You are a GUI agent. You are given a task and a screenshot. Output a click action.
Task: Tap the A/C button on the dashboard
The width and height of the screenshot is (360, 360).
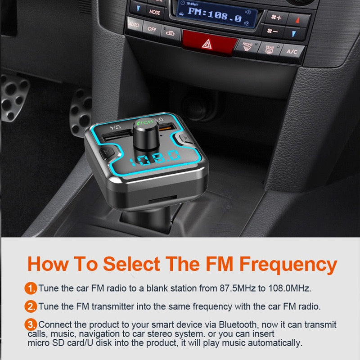[292, 52]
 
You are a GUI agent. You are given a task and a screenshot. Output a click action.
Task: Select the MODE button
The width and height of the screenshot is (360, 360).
[154, 12]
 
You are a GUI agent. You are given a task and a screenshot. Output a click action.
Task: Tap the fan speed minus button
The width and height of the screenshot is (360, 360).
[273, 31]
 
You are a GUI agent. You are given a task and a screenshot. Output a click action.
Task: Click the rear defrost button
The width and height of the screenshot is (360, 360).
[270, 49]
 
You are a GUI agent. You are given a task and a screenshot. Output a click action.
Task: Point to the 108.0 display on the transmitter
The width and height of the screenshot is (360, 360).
[155, 158]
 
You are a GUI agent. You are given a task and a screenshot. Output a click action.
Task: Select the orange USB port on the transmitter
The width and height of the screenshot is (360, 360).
[167, 127]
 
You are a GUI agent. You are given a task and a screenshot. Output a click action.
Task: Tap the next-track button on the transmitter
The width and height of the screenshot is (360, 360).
[185, 138]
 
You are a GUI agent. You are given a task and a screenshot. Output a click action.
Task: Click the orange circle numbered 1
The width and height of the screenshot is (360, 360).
[31, 288]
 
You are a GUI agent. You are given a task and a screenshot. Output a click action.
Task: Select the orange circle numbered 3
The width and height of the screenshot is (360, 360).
[31, 324]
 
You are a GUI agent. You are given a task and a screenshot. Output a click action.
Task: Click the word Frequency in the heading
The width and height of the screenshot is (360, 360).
[288, 265]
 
